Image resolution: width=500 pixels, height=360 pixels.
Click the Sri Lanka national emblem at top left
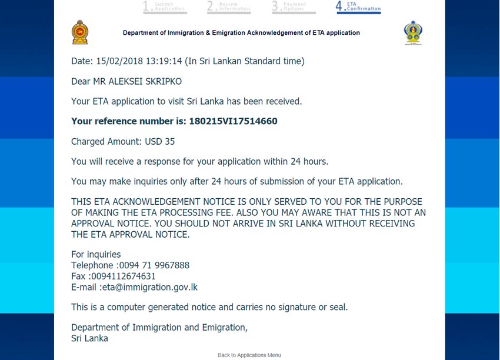click(79, 32)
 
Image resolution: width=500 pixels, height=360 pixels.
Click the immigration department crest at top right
click(413, 33)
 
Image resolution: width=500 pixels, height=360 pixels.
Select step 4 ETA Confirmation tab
click(358, 6)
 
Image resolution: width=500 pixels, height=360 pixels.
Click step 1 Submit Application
click(165, 6)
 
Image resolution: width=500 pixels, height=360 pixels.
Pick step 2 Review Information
click(229, 6)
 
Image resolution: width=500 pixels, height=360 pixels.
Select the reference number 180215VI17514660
click(233, 121)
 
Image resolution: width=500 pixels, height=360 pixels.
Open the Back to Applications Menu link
click(249, 355)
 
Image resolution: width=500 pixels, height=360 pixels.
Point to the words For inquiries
click(96, 254)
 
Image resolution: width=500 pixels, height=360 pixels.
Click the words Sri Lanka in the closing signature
click(89, 338)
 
